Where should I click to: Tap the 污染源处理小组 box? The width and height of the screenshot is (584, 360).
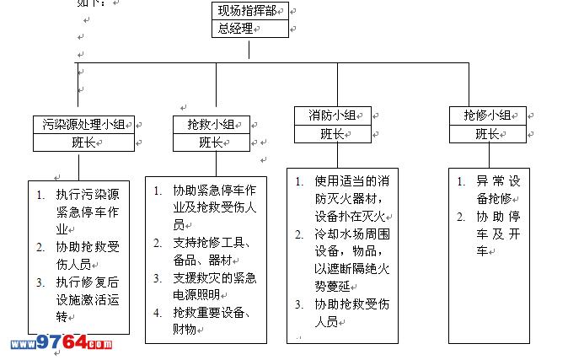point(83,124)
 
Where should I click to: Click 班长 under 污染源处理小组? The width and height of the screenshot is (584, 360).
point(83,142)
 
